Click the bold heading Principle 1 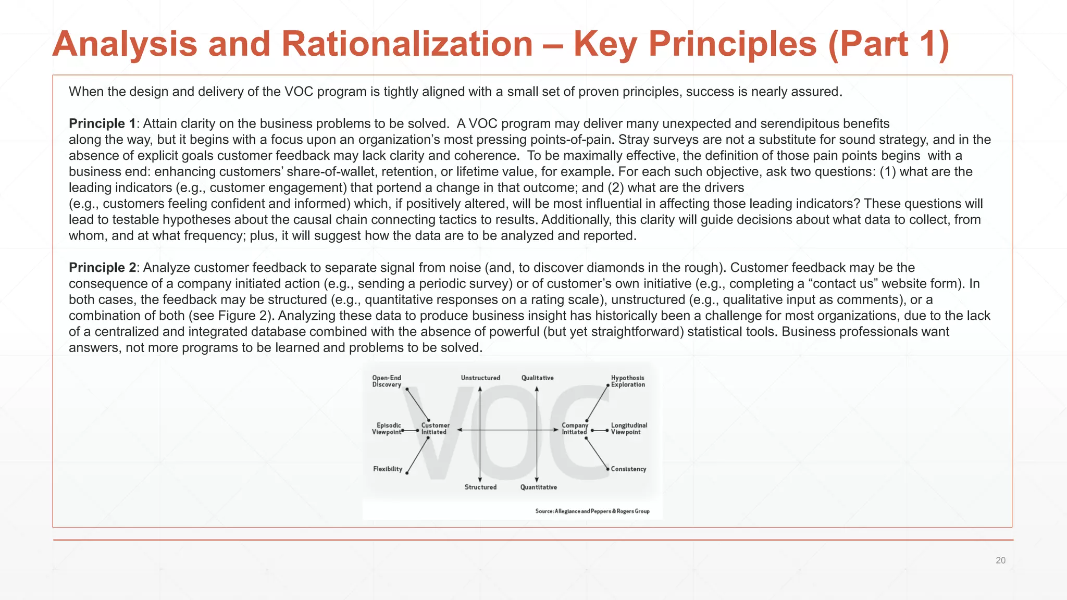coord(102,123)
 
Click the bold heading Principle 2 coord(102,267)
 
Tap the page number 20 coord(1000,560)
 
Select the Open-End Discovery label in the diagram coord(387,381)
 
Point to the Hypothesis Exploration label coord(628,381)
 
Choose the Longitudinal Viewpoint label coord(629,429)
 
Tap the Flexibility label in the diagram coord(388,469)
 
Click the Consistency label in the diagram coord(628,469)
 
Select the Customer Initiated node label coord(435,429)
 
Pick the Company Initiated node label coord(574,429)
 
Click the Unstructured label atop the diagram coord(480,378)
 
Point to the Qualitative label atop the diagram coord(537,378)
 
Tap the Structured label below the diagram coord(480,487)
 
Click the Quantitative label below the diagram coord(538,487)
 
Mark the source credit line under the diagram coord(592,511)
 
